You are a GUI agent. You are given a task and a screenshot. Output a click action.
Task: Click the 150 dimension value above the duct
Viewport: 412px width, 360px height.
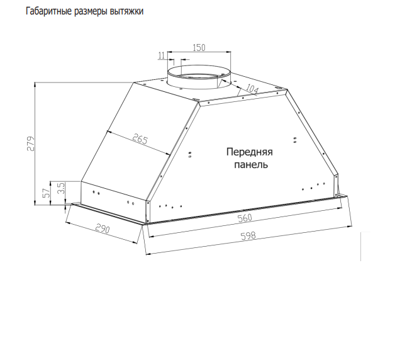pyautogui.click(x=199, y=48)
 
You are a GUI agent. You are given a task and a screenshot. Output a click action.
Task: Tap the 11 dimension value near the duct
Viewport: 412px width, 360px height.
pyautogui.click(x=162, y=55)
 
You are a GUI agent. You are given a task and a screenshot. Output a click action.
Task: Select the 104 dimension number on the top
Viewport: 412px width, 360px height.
pyautogui.click(x=252, y=89)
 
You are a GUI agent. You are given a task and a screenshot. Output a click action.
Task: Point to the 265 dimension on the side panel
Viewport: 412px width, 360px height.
pyautogui.click(x=140, y=139)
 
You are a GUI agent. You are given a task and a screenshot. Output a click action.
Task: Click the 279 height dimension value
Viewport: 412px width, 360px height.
pyautogui.click(x=31, y=143)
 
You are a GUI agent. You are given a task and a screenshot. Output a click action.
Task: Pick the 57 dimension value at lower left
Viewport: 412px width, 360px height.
pyautogui.click(x=47, y=193)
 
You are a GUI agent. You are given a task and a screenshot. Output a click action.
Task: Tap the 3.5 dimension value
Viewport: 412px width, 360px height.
pyautogui.click(x=61, y=188)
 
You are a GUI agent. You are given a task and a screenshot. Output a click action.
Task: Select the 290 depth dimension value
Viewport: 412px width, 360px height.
pyautogui.click(x=102, y=228)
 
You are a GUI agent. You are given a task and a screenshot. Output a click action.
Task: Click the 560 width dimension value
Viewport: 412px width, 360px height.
pyautogui.click(x=245, y=218)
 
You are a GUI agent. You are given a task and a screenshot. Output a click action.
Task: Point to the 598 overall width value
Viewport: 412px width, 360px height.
pyautogui.click(x=248, y=235)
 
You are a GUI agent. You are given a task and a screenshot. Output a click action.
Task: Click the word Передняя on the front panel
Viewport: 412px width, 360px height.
pyautogui.click(x=249, y=152)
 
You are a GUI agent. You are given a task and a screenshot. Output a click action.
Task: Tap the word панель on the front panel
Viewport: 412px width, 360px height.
pyautogui.click(x=251, y=165)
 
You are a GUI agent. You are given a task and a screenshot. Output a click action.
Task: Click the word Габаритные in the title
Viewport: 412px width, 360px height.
pyautogui.click(x=49, y=11)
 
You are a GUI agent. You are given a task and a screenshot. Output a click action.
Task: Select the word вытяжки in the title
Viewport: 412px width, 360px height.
pyautogui.click(x=126, y=11)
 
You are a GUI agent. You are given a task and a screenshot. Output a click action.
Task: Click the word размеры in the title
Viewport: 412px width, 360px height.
pyautogui.click(x=91, y=12)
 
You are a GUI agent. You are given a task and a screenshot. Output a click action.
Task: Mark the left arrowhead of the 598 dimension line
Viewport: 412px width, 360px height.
pyautogui.click(x=148, y=254)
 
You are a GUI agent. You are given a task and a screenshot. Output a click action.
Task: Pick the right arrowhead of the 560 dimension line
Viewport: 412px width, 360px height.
pyautogui.click(x=340, y=208)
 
